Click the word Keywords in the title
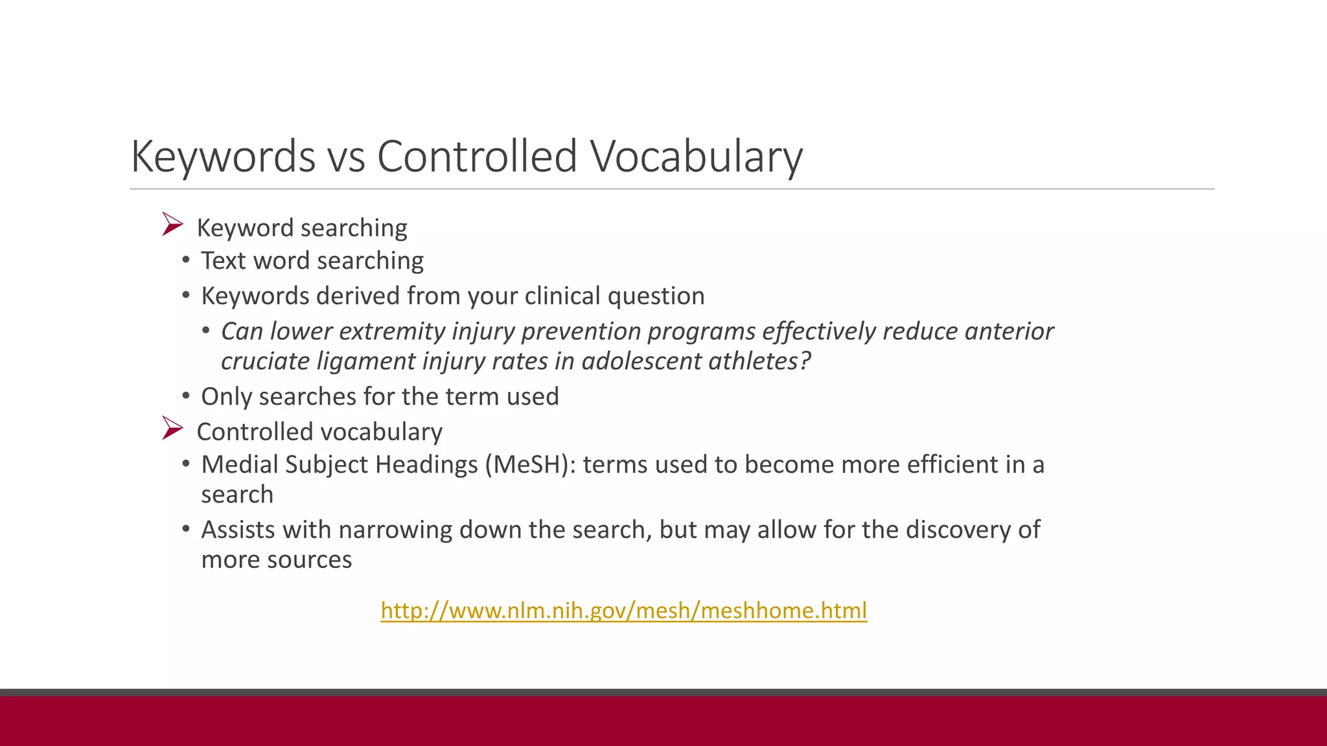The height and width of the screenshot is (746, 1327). [x=223, y=156]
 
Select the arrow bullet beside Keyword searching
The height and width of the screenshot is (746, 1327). [x=172, y=224]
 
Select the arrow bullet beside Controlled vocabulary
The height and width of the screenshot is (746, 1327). [x=172, y=428]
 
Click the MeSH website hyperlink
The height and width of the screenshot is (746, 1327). [x=623, y=610]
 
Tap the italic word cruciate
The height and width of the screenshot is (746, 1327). [x=265, y=361]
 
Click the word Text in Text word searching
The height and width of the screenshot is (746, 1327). [x=224, y=260]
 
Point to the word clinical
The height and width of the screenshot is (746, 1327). [x=562, y=295]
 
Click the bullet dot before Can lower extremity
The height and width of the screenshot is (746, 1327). [x=205, y=331]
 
